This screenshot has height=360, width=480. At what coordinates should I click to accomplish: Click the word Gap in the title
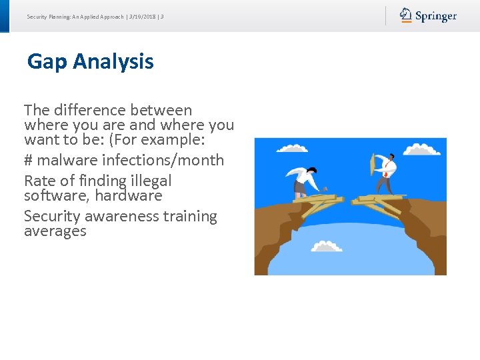[47, 62]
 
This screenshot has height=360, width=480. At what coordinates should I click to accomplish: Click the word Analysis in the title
[113, 62]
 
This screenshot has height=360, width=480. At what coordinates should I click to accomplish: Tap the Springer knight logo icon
[405, 15]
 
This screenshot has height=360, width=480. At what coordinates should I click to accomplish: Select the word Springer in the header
[436, 16]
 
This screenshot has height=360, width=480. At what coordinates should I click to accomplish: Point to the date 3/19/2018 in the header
[143, 16]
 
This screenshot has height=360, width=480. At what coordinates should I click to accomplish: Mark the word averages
[55, 231]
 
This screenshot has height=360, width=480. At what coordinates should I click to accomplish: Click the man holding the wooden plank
[385, 173]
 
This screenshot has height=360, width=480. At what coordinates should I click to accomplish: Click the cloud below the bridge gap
[326, 247]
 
